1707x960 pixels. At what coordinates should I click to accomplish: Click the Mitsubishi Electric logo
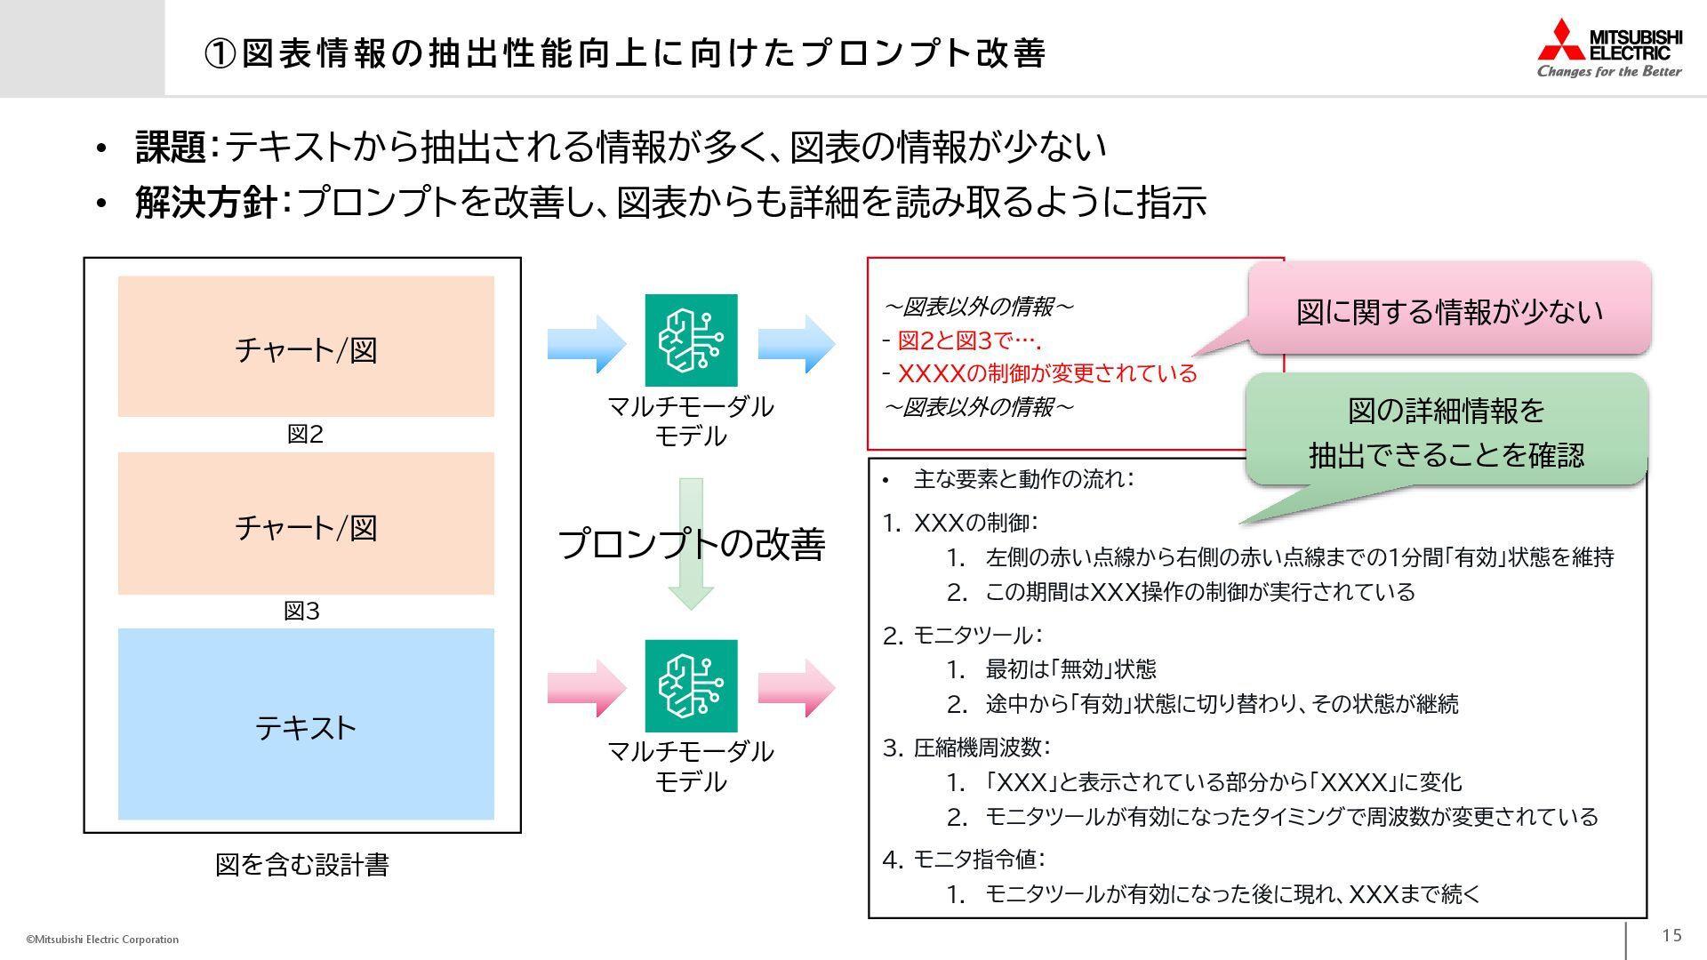1609,49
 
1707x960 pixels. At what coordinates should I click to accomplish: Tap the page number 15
1671,935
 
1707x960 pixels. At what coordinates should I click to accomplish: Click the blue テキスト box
306,724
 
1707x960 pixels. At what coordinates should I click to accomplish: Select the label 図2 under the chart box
305,434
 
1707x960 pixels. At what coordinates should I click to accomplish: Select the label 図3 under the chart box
301,611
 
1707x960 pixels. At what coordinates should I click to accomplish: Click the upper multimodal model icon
691,340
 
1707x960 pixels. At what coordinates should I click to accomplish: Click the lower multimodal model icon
691,685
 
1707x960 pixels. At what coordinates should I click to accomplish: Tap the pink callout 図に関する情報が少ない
1449,311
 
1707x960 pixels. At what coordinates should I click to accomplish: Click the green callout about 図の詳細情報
1447,432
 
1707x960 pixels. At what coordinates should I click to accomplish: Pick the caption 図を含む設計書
301,864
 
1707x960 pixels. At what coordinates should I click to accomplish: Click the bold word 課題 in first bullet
170,147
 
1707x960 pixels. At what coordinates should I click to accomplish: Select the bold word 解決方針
205,203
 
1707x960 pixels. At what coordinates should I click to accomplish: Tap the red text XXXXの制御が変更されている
1047,373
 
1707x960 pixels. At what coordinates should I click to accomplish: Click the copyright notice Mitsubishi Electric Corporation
102,940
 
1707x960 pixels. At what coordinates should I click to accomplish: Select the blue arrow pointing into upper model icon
587,343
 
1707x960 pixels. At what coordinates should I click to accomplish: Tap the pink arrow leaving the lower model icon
797,687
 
